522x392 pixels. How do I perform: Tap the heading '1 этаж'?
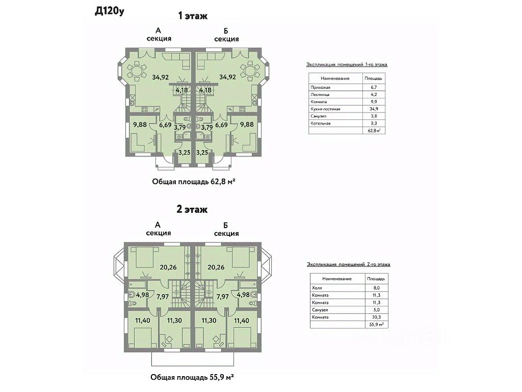pos(192,16)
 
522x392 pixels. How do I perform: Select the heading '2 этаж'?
pos(192,209)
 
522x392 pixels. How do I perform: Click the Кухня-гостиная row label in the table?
pos(325,109)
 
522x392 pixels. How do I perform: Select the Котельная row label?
pos(321,124)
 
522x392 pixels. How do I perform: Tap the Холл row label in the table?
pos(317,288)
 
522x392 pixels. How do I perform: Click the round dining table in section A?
pos(137,70)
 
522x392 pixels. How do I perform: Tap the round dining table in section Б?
pos(251,70)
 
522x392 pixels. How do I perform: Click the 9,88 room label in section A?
pos(140,124)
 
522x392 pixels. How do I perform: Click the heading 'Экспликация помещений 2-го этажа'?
pos(349,264)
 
